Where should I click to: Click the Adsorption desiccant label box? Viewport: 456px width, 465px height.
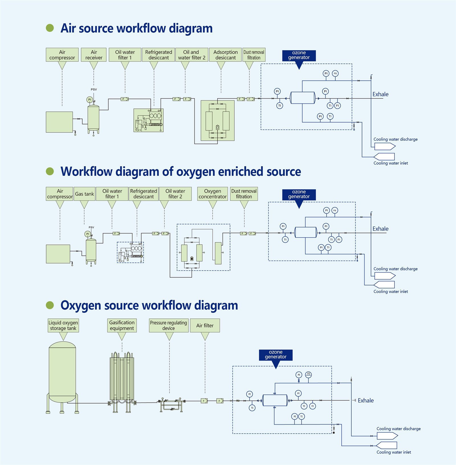[225, 55]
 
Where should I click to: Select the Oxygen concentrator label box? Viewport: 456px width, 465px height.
[212, 194]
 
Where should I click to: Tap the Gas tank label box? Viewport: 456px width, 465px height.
[84, 194]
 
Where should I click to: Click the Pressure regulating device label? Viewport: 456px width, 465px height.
[168, 325]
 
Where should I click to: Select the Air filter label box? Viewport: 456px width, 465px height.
[205, 325]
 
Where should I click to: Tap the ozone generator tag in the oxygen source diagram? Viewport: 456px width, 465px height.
[276, 355]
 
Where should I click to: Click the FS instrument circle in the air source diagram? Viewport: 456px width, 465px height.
[335, 73]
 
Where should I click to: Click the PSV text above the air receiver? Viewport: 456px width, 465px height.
[94, 89]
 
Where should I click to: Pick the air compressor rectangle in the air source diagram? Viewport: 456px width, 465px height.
[59, 122]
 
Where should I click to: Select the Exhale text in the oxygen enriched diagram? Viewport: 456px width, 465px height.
[380, 229]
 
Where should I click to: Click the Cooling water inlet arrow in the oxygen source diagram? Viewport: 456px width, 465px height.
[386, 445]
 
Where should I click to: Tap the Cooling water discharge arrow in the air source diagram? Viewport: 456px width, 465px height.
[384, 146]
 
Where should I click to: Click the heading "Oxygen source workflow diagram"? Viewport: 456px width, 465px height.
[149, 305]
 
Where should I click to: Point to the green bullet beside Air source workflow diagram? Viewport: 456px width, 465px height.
[50, 28]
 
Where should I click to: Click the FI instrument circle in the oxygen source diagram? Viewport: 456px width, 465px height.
[312, 406]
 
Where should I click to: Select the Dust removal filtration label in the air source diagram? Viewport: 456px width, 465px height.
[254, 55]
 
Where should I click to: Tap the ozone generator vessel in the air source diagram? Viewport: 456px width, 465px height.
[302, 98]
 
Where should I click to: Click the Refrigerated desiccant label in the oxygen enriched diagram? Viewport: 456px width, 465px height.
[143, 194]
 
